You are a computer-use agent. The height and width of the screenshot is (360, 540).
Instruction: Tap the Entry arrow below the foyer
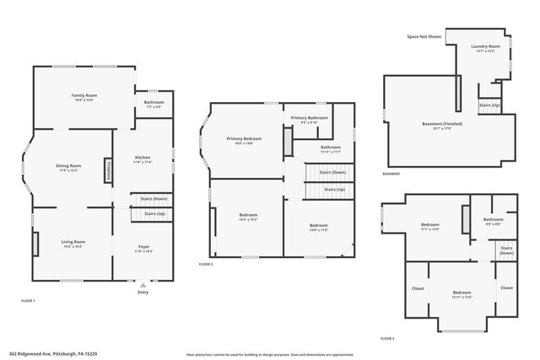[x=142, y=287]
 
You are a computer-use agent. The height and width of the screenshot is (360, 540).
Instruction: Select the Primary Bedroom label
[x=244, y=139]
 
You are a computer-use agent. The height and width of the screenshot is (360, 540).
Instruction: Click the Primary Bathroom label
[x=310, y=118]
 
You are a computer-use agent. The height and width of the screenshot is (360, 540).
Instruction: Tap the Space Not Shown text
[x=424, y=37]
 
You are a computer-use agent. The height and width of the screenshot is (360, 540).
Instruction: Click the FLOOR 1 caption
[x=29, y=301]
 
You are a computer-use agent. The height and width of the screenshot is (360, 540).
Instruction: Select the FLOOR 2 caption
[x=206, y=265]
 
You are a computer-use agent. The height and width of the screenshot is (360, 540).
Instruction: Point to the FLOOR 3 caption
[x=387, y=337]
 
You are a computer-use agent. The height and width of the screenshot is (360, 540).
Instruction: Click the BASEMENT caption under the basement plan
[x=391, y=175]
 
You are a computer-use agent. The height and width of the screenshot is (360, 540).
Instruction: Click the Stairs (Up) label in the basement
[x=489, y=105]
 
